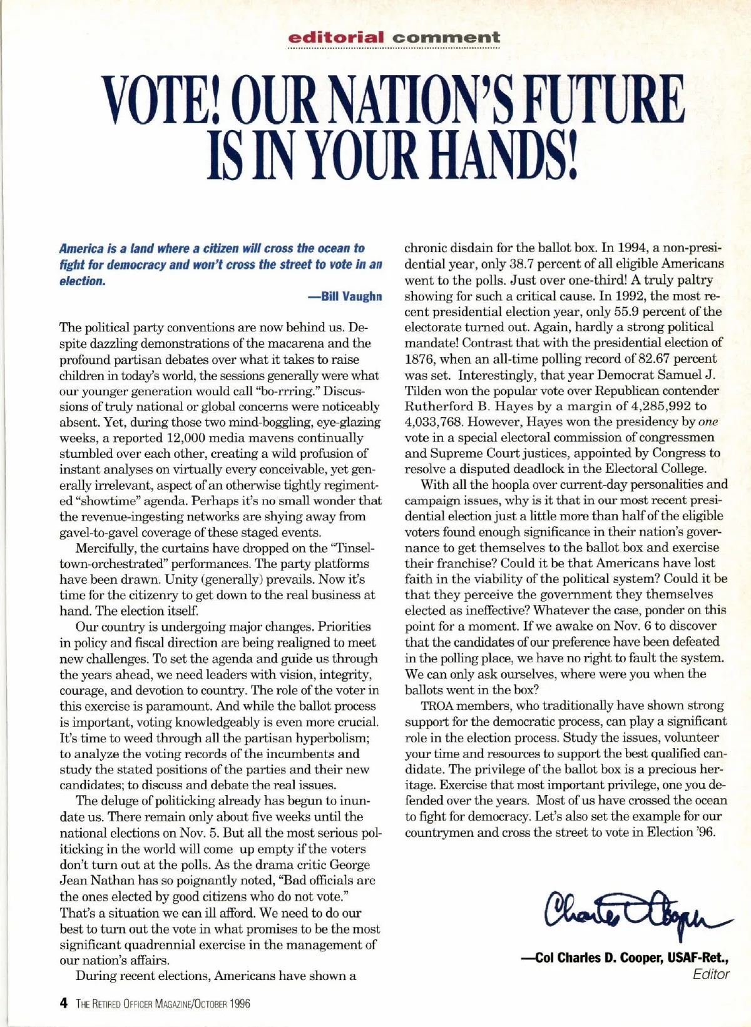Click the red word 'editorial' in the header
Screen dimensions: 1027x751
tap(335, 38)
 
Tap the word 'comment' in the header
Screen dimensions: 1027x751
tap(446, 38)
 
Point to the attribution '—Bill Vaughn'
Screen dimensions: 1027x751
tap(345, 296)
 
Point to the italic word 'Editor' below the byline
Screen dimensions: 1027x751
tap(711, 974)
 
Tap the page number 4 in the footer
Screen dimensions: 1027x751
tap(63, 1003)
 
